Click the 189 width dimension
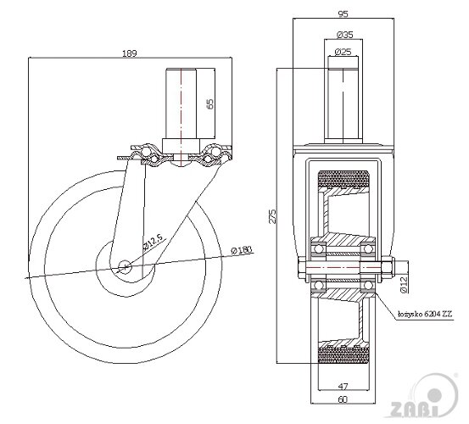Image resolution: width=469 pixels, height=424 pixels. point(129,53)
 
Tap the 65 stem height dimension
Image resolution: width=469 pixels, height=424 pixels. point(210,103)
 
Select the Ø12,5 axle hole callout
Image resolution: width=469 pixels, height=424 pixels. point(153,242)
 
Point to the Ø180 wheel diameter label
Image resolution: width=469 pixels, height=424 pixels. point(242,250)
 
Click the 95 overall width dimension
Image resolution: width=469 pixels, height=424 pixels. point(343,14)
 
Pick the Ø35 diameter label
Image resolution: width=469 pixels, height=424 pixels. point(344,35)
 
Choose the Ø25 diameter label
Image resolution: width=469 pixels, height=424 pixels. point(343,52)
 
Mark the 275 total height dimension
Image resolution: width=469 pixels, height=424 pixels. point(272,216)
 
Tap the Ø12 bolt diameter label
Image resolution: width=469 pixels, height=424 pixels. point(403,284)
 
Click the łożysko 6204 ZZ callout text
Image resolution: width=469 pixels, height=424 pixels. point(426,314)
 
